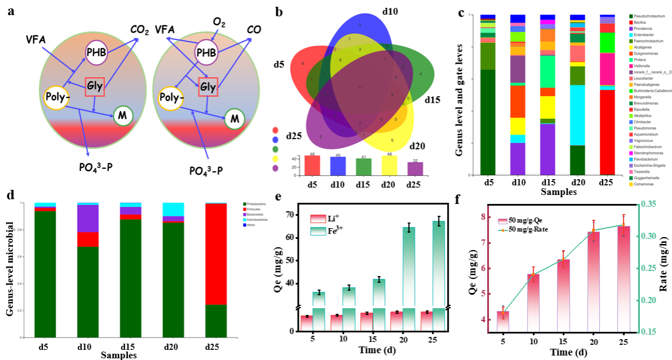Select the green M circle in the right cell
235,118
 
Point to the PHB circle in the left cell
95,53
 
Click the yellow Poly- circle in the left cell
58,97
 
